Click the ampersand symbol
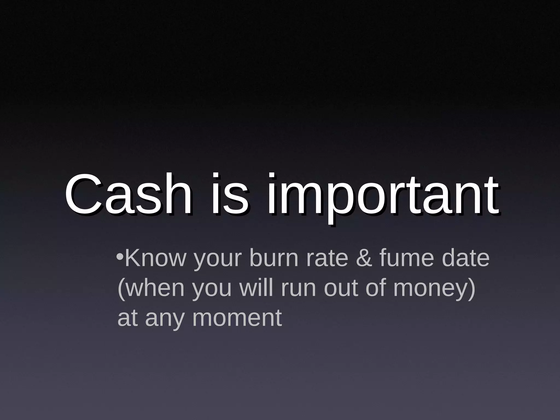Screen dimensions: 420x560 point(364,258)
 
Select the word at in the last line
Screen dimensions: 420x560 point(127,319)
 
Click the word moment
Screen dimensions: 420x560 point(237,319)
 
